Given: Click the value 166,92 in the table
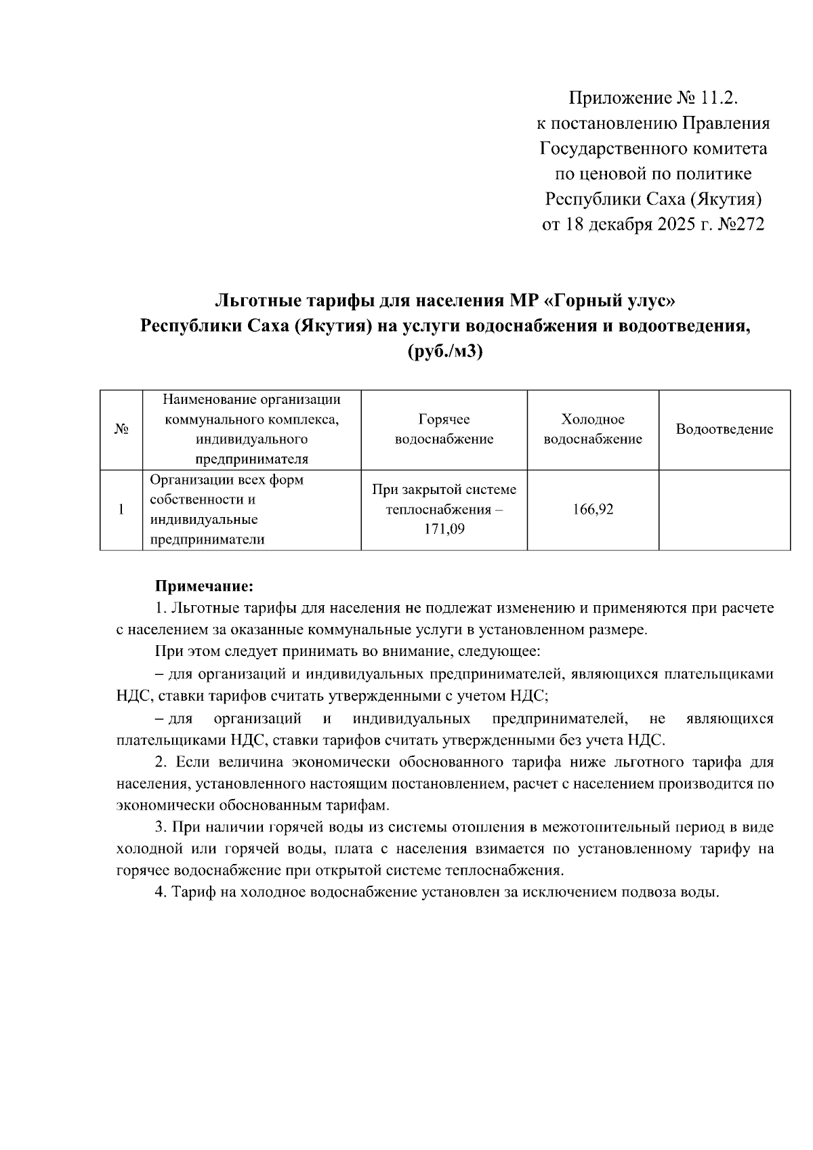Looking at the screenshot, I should coord(593,509).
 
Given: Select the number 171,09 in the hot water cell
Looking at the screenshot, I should coord(444,529).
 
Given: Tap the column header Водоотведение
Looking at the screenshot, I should coord(724,429).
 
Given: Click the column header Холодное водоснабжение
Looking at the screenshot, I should coord(593,429).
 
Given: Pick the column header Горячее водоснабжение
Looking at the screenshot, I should coord(444,429).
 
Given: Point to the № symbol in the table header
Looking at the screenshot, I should coord(121,430).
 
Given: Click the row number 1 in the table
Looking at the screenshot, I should coord(121,510).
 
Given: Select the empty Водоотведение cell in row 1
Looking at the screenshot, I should coord(724,510).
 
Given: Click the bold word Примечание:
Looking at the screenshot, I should coord(204,585).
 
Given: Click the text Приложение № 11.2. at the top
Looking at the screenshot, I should coord(652,99).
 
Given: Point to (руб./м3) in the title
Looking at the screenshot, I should coord(445,352).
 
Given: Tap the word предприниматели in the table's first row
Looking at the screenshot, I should coord(207,540).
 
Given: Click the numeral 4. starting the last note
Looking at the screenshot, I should coord(161,892).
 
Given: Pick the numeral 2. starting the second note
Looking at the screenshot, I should coord(161,762).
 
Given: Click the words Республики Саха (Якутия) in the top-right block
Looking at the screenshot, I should coord(654,199).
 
